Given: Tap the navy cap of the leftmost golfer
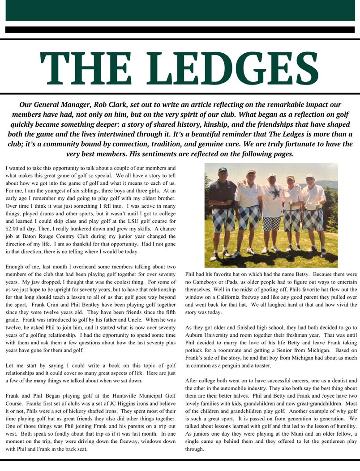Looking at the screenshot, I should coord(223,170).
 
